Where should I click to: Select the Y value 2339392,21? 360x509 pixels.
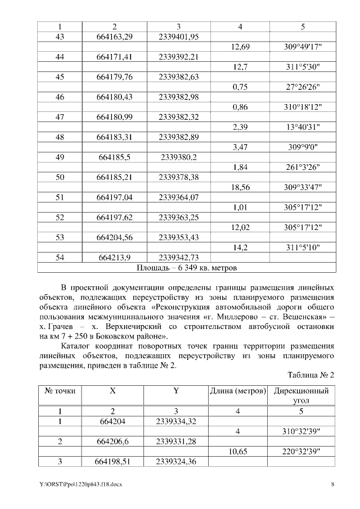[x=178, y=57]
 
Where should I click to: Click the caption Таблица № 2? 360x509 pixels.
[x=311, y=375]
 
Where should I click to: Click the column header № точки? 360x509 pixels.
[x=60, y=391]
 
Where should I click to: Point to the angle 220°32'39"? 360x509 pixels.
[x=301, y=451]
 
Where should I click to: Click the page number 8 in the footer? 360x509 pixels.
[x=332, y=484]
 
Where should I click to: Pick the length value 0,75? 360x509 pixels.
[x=240, y=87]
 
